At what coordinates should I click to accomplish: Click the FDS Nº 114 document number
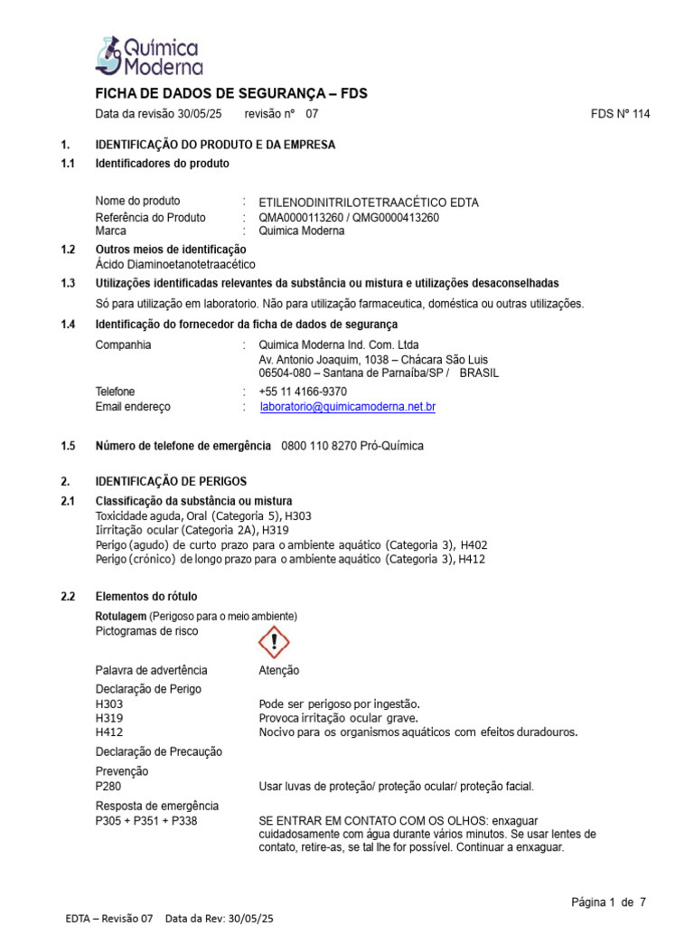[620, 114]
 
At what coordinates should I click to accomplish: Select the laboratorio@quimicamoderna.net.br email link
[347, 407]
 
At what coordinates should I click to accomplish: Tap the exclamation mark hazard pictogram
[274, 642]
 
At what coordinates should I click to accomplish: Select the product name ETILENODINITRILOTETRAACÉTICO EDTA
[369, 202]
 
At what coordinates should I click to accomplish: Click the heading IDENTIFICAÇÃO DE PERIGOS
[171, 481]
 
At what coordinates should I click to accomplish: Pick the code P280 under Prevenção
[108, 787]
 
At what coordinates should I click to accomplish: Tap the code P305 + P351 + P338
[146, 821]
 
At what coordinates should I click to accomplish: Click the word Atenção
[278, 670]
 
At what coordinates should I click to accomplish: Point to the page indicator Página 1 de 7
[608, 902]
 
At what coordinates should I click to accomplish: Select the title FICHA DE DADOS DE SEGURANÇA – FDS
[231, 94]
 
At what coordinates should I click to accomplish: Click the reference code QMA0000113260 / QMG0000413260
[349, 217]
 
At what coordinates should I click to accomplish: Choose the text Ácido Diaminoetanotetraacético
[175, 264]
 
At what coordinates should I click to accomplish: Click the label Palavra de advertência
[151, 670]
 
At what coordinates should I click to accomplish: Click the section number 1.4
[68, 325]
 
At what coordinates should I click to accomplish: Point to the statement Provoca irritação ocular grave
[339, 718]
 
